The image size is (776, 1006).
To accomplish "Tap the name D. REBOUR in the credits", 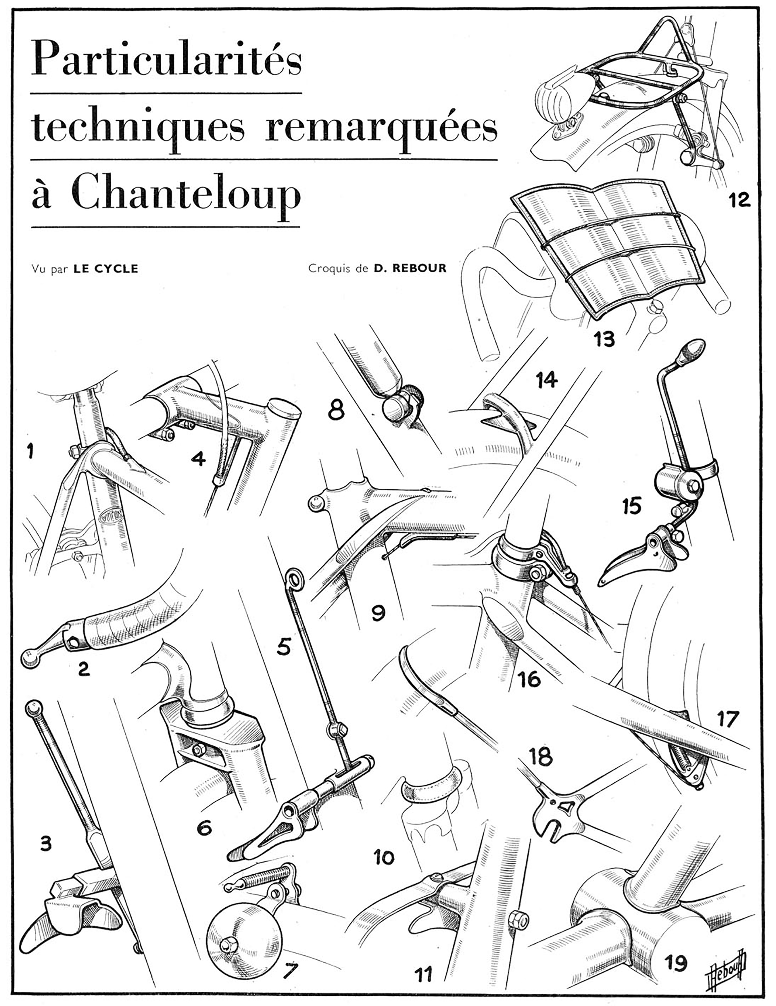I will pyautogui.click(x=410, y=268).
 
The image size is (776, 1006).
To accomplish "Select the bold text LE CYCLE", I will pyautogui.click(x=106, y=268).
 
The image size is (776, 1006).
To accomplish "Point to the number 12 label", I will pyautogui.click(x=739, y=200).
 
